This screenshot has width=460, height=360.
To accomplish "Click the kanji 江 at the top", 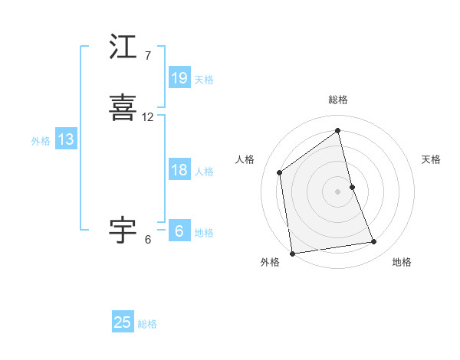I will [x=123, y=47].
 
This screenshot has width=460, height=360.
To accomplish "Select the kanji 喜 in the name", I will [x=123, y=107].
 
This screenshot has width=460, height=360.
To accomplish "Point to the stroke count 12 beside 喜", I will [x=147, y=117].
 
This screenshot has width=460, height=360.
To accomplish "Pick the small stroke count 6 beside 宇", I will [x=147, y=239].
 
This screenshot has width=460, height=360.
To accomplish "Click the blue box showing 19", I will [x=179, y=78].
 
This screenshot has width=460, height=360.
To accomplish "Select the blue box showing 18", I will [x=179, y=170].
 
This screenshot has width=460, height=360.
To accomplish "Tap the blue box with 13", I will [x=65, y=139].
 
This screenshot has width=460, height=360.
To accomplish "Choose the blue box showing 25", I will [x=123, y=322].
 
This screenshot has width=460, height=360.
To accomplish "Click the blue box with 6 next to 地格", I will [x=179, y=231].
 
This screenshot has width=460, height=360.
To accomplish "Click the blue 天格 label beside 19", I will [x=204, y=80].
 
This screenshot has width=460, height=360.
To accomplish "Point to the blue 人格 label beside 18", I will [x=204, y=172].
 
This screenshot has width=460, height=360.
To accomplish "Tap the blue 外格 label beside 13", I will [x=40, y=141].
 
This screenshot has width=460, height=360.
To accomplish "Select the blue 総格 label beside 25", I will [x=147, y=324].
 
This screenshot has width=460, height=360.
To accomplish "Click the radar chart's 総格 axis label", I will [x=337, y=100].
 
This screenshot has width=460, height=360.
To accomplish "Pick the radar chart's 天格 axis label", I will [x=431, y=159].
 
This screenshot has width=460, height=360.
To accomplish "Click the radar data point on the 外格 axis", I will [x=291, y=253].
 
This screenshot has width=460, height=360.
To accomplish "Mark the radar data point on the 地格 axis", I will [x=374, y=242].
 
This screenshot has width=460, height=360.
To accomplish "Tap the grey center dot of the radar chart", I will [x=337, y=191].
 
